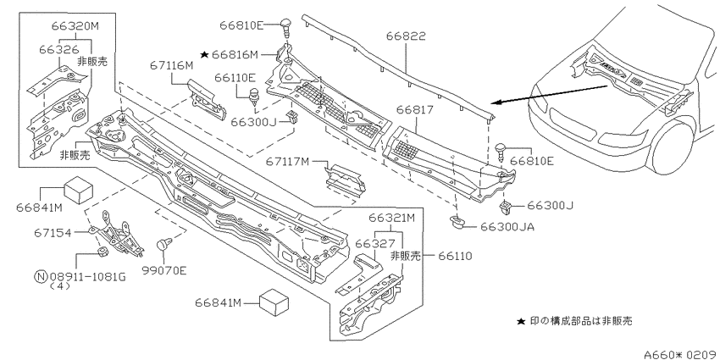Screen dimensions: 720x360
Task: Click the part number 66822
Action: click(406, 36)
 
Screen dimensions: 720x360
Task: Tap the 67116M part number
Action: click(172, 66)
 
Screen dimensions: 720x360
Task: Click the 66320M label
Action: click(75, 25)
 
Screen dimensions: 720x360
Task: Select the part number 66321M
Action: click(390, 218)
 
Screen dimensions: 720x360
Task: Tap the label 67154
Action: click(53, 233)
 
